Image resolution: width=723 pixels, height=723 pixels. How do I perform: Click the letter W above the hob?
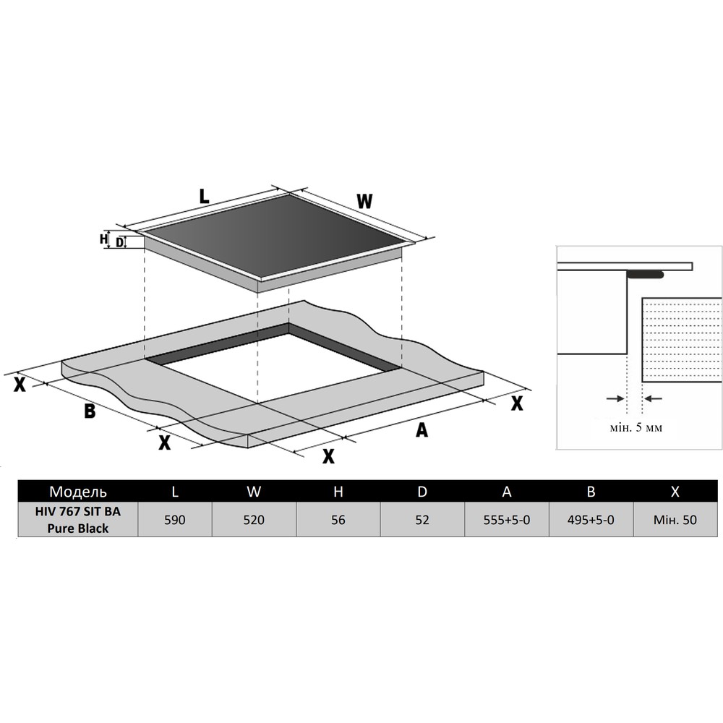point(364,202)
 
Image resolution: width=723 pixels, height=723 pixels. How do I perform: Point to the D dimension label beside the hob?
point(119,242)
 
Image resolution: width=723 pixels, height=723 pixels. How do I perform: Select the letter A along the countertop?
point(422,429)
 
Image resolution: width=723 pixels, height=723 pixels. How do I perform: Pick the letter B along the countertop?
point(90,411)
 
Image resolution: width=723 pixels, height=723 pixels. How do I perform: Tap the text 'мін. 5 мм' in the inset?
point(636,427)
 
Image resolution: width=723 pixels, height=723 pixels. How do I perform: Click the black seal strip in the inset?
point(645,275)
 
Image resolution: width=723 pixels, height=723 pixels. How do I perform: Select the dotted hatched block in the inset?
point(682,340)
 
